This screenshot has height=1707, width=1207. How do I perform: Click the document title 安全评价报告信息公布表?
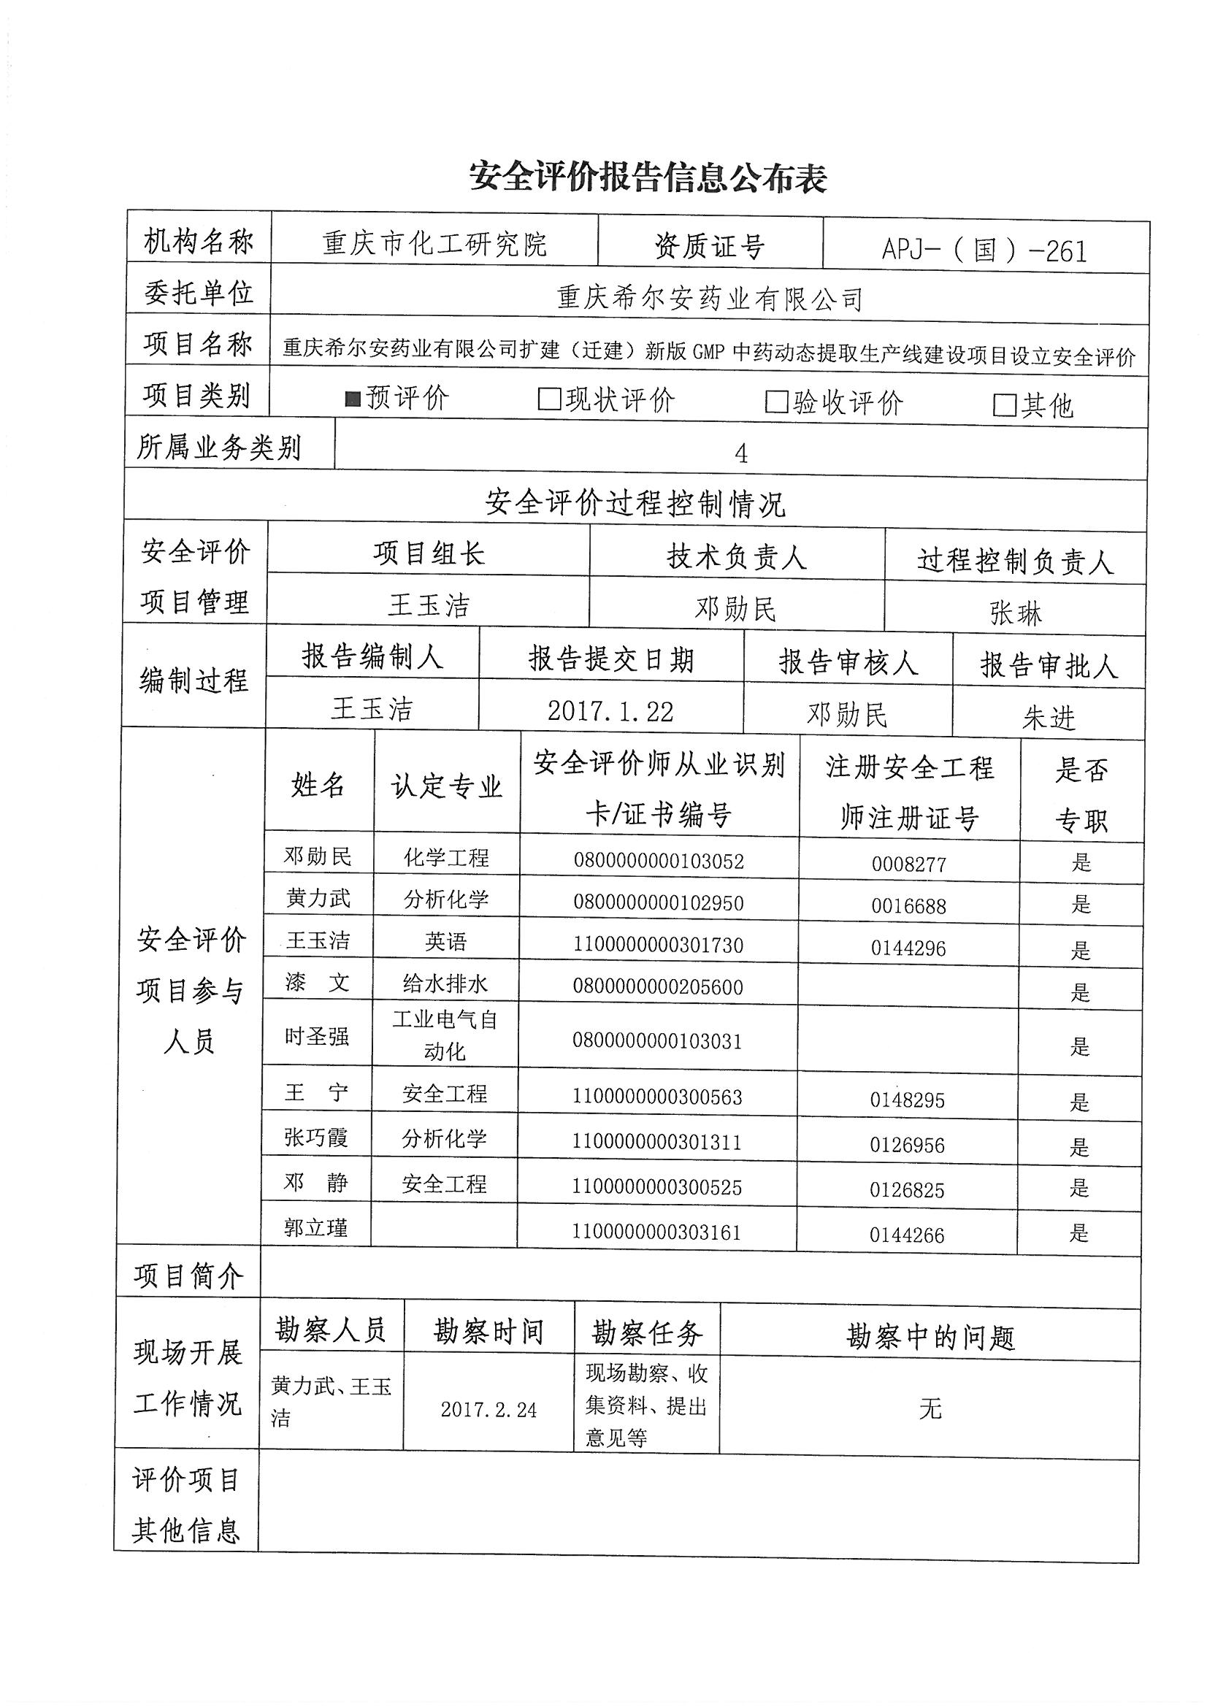pos(648,178)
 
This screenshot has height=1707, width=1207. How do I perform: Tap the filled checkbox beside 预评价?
pos(353,400)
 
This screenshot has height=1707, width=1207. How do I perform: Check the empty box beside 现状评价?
pos(549,400)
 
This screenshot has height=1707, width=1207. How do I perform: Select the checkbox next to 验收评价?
pos(776,403)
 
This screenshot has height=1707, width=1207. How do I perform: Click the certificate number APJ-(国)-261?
pos(984,250)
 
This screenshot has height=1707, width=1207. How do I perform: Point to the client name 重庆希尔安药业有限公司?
pos(710,299)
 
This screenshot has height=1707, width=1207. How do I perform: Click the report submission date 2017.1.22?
pos(610,712)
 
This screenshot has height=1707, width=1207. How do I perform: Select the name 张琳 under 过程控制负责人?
pos(1015,613)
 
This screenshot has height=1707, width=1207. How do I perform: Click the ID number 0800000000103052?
pos(658,861)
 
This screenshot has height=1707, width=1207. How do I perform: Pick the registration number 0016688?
pos(909,906)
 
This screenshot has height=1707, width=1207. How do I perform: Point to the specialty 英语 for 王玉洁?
pos(445,942)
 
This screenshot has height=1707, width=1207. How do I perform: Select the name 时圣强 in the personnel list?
pos(317,1035)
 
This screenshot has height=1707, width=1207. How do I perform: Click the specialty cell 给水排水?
pos(445,983)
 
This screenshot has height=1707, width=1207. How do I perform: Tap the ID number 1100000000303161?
pos(656,1232)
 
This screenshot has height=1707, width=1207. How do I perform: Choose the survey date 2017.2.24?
pos(488,1410)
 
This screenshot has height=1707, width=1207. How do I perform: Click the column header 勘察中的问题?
pos(930,1338)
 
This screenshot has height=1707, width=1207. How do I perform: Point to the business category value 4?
pos(740,453)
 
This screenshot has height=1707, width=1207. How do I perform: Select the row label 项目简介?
pos(188,1276)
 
